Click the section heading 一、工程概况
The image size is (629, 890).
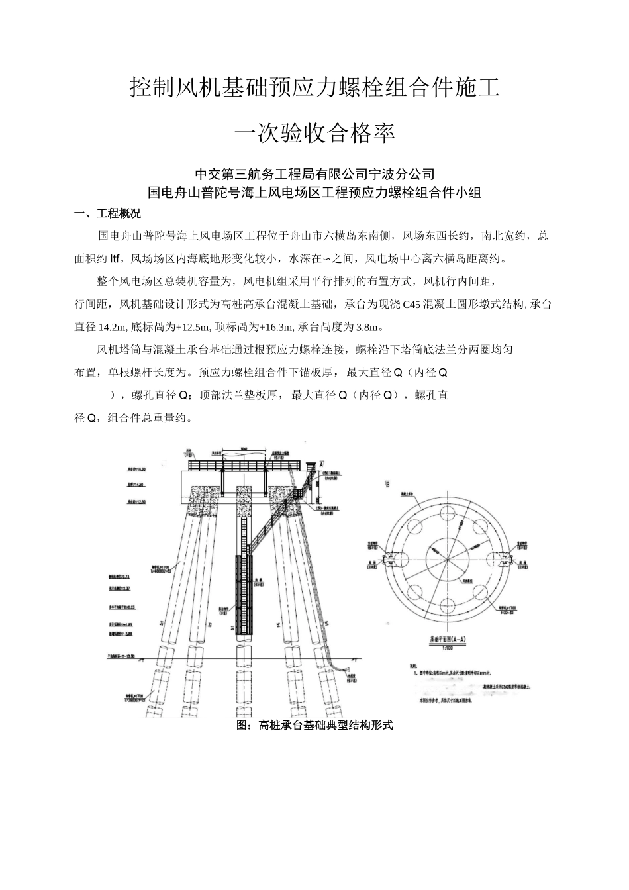point(108,214)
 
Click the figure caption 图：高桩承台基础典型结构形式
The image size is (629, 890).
point(314,726)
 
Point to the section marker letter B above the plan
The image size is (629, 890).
point(387,484)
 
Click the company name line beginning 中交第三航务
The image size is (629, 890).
point(314,174)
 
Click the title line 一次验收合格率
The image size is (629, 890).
point(314,133)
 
